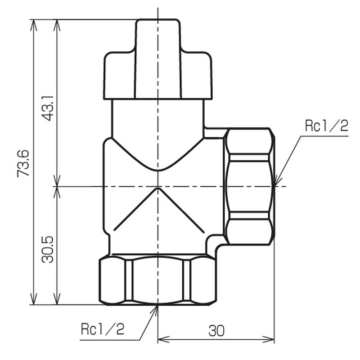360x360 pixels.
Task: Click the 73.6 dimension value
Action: [x=23, y=163]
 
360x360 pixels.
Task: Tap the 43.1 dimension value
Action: [x=48, y=108]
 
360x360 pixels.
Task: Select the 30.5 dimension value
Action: [x=48, y=249]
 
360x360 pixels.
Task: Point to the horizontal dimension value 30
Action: [x=216, y=331]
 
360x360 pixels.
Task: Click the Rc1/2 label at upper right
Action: [x=327, y=126]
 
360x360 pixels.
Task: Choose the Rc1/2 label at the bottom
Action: [x=103, y=329]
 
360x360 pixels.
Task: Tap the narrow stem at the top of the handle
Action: [x=158, y=59]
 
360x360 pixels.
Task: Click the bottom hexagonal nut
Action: [x=158, y=280]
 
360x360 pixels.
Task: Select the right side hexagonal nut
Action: [x=249, y=186]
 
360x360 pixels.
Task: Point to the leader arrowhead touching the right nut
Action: [x=277, y=180]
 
